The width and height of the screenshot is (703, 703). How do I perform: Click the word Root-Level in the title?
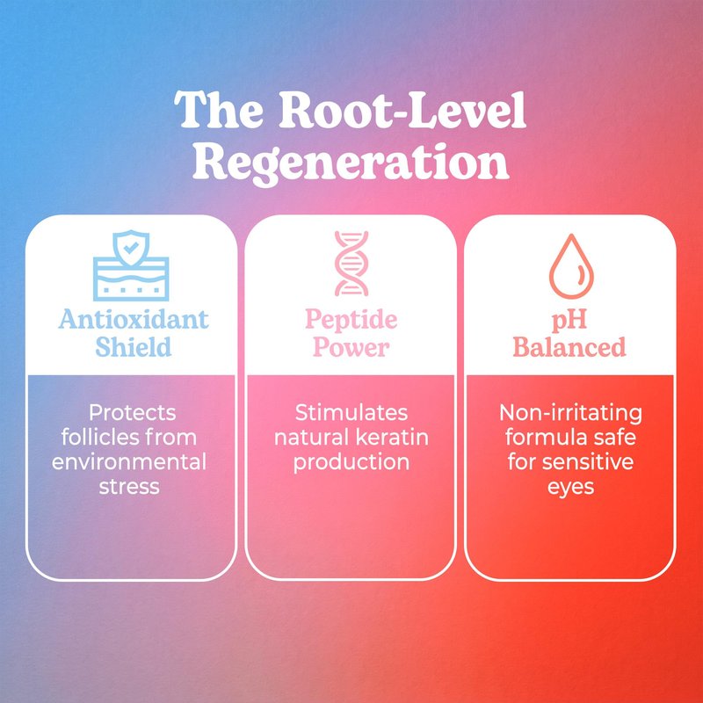coord(402,111)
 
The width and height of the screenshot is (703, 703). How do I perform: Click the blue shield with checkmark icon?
coord(131,265)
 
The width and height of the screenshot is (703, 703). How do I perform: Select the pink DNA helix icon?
coord(351,264)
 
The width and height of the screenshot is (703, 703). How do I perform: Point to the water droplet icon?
coord(571,266)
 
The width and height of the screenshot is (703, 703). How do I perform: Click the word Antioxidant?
coord(134,320)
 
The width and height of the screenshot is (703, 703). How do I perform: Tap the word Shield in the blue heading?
coord(134,347)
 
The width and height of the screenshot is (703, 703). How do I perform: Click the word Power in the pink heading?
coord(351,347)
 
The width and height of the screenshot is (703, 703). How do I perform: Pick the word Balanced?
coord(569,347)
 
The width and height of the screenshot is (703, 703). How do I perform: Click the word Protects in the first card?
coord(133,413)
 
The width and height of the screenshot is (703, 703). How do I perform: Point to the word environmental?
coord(129,462)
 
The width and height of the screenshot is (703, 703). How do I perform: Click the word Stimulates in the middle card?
coord(351,413)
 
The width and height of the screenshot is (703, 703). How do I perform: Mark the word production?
coord(351,463)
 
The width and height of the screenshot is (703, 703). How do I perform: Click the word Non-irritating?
coord(570,413)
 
